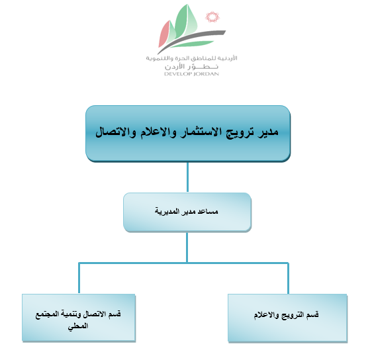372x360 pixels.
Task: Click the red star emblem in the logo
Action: coord(212,17)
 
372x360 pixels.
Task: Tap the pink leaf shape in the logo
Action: coord(165,34)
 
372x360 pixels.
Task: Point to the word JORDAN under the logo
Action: coord(206,74)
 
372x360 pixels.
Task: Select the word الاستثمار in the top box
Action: coord(199,132)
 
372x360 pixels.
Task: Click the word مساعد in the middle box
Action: coord(209,211)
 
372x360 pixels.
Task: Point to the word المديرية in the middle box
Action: coord(167,211)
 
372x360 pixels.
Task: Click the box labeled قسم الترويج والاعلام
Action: coord(287,318)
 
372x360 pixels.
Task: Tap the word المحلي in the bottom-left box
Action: coord(78,326)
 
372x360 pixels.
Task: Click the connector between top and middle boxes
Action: coord(188,177)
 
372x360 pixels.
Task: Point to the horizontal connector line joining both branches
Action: coord(183,263)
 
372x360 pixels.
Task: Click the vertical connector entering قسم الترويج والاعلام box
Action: coord(288,279)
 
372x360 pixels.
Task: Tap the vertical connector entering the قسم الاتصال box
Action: coord(79,279)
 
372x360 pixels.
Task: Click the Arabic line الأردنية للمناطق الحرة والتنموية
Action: coord(191,58)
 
